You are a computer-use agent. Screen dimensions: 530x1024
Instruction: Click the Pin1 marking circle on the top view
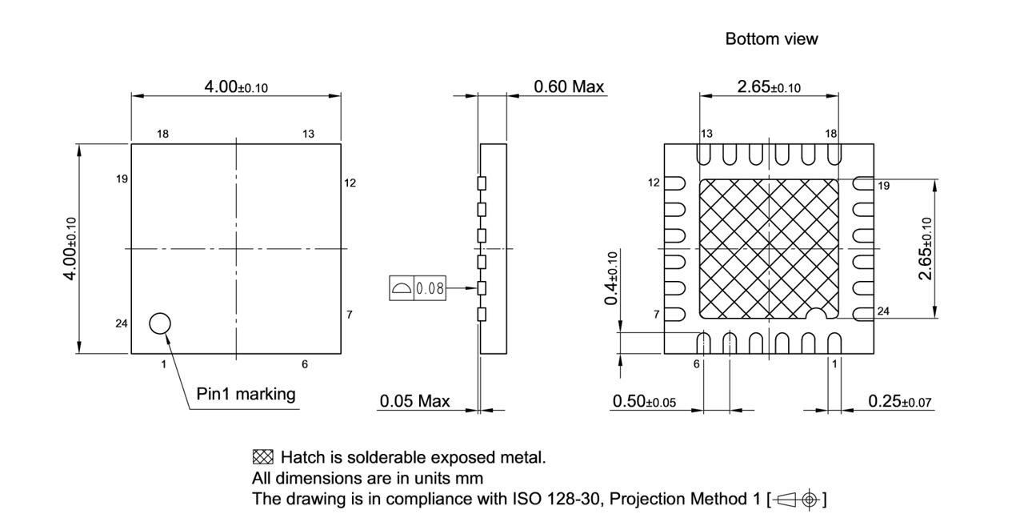click(160, 323)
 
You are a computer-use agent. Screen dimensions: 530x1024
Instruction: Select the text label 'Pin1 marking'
click(246, 394)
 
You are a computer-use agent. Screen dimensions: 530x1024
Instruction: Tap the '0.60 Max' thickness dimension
click(569, 86)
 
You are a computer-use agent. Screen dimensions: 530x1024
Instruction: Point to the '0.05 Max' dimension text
click(414, 401)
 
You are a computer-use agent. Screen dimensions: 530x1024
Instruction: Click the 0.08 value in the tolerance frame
click(430, 287)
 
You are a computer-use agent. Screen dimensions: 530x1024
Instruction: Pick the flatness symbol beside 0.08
click(401, 287)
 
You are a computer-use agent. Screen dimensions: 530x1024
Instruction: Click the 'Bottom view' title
click(771, 38)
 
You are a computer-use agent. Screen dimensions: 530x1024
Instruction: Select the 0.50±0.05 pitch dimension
click(644, 401)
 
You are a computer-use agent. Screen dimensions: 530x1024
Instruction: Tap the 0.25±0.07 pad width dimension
click(901, 401)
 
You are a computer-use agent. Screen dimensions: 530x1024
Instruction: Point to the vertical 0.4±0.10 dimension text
click(611, 278)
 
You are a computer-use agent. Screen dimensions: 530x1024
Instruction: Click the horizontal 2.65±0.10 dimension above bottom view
click(769, 87)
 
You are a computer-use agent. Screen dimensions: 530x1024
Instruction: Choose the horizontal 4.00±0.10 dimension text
click(236, 86)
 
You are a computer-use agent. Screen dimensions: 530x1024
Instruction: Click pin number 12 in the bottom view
click(654, 183)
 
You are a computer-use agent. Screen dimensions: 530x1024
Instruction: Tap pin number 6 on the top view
click(305, 364)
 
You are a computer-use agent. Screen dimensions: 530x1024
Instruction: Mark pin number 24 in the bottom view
click(883, 311)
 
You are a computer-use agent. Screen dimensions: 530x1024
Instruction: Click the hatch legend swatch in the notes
click(262, 458)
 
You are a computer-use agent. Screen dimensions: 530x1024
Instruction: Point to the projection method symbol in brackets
click(796, 500)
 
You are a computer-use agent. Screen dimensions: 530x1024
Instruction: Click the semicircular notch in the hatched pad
click(815, 314)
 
